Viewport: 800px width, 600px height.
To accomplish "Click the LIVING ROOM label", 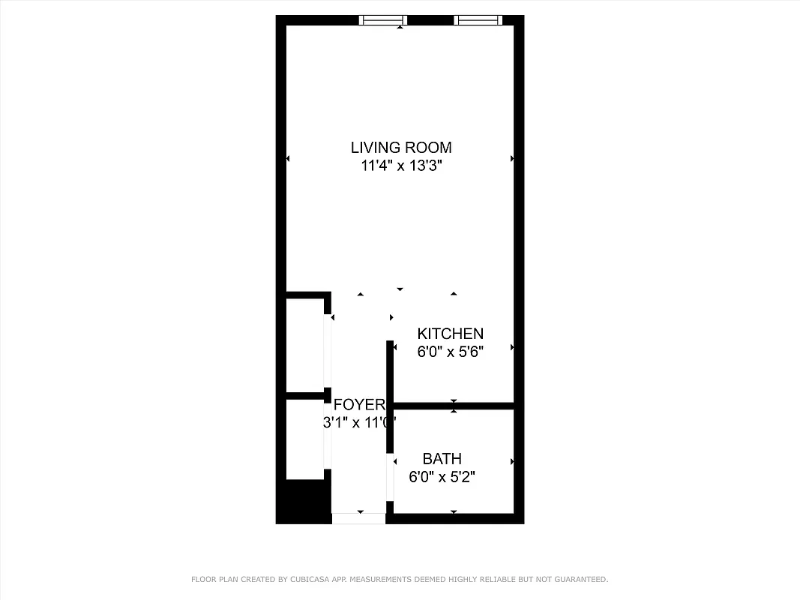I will pyautogui.click(x=402, y=148).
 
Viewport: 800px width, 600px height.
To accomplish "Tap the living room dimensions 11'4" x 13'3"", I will pyautogui.click(x=402, y=166).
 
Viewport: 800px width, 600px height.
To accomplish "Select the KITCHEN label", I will pyautogui.click(x=450, y=334).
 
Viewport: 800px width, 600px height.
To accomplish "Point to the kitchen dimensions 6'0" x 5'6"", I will pyautogui.click(x=450, y=352).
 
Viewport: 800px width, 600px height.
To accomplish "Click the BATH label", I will pyautogui.click(x=442, y=458).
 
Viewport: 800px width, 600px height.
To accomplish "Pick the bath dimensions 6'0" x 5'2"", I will pyautogui.click(x=442, y=476).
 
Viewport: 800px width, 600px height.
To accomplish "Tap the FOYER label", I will pyautogui.click(x=359, y=404).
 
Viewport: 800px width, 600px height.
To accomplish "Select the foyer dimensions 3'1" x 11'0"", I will pyautogui.click(x=359, y=422).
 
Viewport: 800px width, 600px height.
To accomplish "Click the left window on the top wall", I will pyautogui.click(x=382, y=20).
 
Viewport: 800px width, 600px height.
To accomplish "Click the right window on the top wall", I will pyautogui.click(x=478, y=20).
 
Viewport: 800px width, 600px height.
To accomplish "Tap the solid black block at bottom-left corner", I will pyautogui.click(x=304, y=501).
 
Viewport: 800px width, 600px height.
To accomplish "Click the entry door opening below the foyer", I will pyautogui.click(x=358, y=517).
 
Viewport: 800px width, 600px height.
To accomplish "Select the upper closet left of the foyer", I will pyautogui.click(x=306, y=345).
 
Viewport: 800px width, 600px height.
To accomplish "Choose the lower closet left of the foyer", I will pyautogui.click(x=306, y=439).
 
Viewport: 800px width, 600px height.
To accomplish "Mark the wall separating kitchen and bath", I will pyautogui.click(x=453, y=406).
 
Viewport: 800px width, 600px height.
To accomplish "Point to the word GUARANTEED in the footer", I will pyautogui.click(x=580, y=579).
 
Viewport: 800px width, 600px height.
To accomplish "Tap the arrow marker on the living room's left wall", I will pyautogui.click(x=288, y=158).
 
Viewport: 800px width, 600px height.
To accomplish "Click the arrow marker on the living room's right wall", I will pyautogui.click(x=513, y=158).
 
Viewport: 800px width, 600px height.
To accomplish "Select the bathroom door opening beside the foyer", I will pyautogui.click(x=390, y=476).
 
